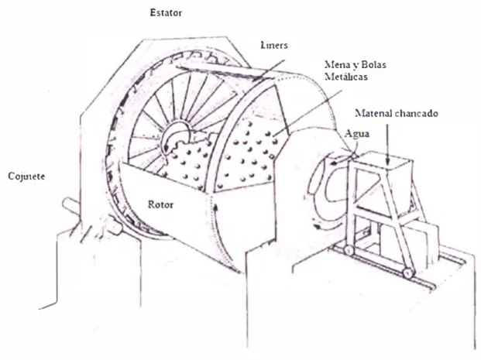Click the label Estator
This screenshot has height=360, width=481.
point(166,12)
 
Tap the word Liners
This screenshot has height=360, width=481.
point(274,45)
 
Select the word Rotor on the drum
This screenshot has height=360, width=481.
point(160,204)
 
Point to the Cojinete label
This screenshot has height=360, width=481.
point(26,177)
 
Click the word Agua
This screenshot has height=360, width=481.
point(357,134)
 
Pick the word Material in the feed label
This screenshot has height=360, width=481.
point(373,113)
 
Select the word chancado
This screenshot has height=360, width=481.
point(417,113)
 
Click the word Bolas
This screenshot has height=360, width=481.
point(373,65)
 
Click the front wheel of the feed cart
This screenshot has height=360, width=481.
point(407,273)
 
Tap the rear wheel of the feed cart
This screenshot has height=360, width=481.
point(349,250)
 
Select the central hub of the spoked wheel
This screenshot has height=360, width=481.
point(175,137)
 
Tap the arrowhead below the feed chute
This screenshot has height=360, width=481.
point(318,227)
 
